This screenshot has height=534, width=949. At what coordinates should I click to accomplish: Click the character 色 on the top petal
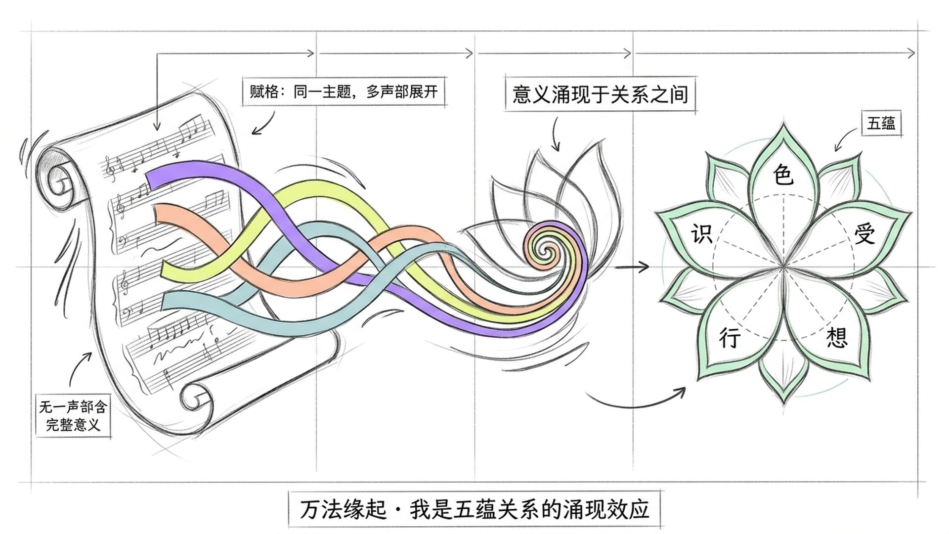(783, 175)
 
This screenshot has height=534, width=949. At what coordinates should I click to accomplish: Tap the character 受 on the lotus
(864, 234)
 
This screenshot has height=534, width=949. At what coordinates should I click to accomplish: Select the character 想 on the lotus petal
(837, 338)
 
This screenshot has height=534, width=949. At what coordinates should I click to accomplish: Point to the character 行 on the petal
(730, 338)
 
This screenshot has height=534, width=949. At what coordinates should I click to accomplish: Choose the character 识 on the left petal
(701, 234)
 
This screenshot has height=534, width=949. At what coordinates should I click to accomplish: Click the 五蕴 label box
(881, 123)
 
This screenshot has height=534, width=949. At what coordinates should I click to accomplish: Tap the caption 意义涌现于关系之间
(600, 94)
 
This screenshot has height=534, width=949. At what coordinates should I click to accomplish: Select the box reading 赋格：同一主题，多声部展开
(344, 92)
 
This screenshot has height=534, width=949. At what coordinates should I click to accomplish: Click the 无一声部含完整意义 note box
(73, 416)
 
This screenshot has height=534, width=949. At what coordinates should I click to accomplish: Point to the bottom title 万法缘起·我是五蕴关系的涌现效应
(474, 509)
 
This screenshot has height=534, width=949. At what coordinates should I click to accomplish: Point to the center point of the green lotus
(784, 267)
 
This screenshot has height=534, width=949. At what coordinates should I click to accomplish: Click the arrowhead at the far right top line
(911, 53)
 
